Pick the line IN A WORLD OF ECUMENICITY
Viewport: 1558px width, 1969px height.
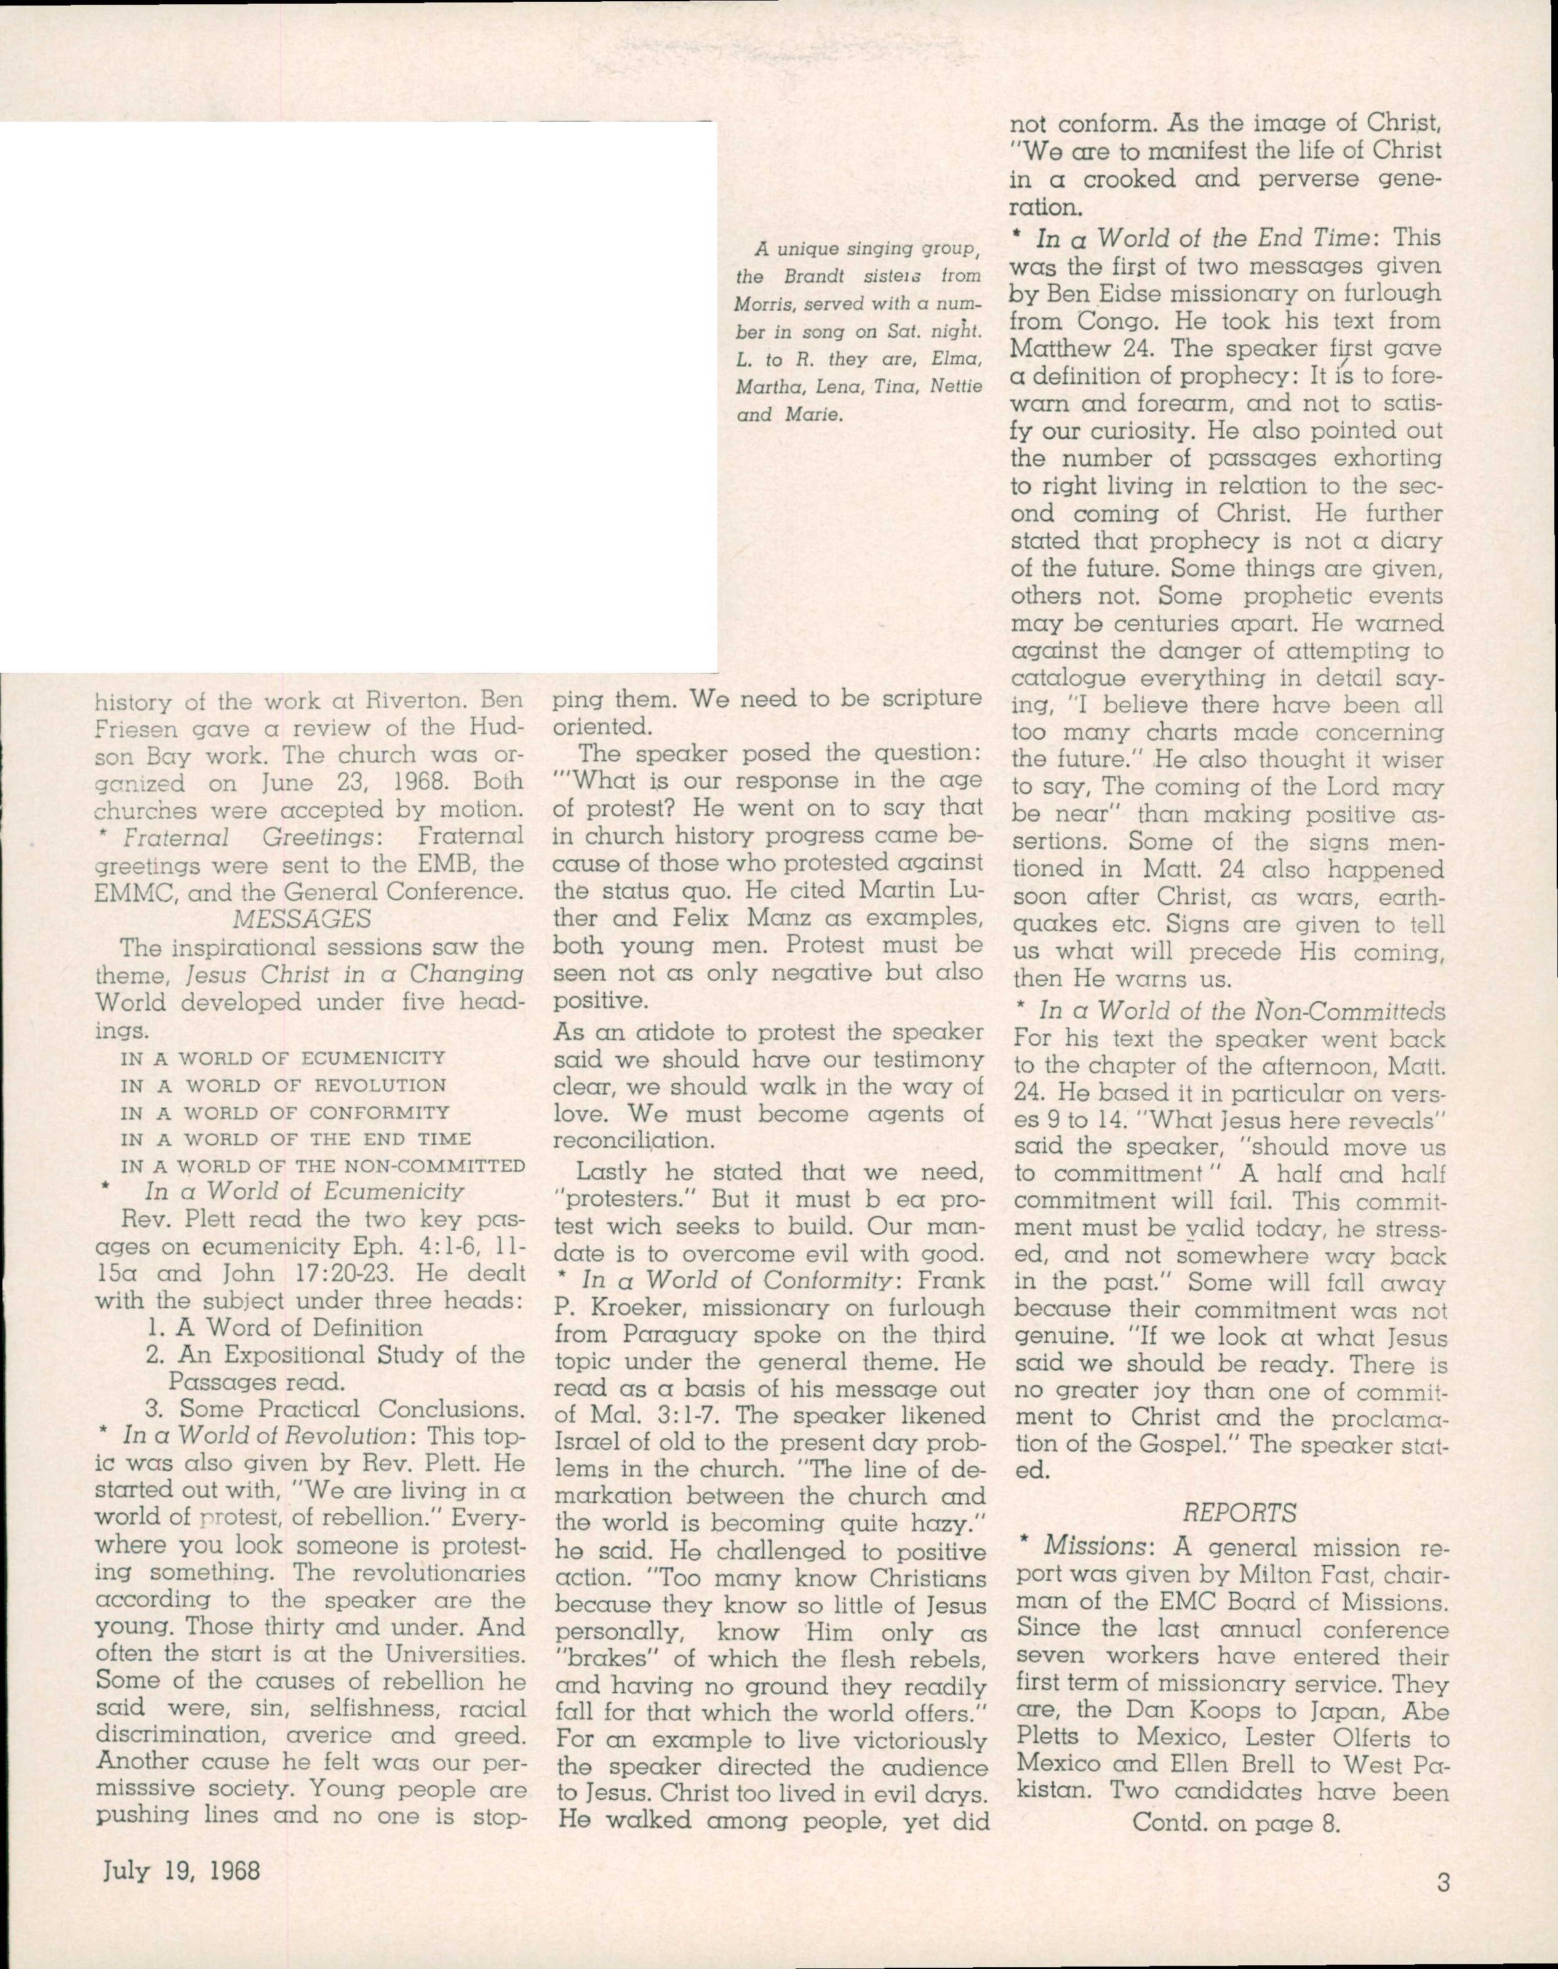pos(283,1058)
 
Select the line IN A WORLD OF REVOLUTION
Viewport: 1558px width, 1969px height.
pos(283,1085)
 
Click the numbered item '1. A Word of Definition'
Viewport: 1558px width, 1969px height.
pos(284,1327)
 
